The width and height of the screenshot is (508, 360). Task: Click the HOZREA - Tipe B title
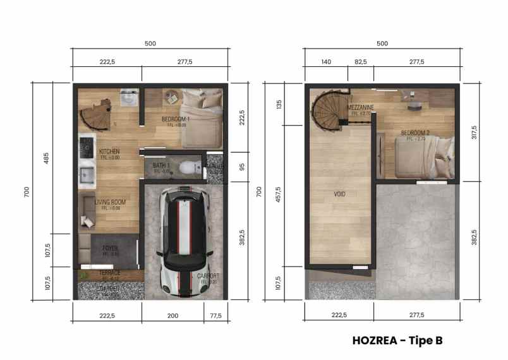397,340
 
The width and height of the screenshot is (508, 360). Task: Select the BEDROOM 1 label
176,119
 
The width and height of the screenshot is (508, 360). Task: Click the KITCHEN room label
109,152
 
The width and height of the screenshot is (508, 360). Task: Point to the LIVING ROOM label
110,203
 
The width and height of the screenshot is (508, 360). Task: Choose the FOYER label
110,248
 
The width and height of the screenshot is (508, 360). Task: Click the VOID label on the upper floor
341,195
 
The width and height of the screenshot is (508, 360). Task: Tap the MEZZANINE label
361,108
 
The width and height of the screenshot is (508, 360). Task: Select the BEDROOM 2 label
415,133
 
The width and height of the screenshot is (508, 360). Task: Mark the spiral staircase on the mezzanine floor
329,112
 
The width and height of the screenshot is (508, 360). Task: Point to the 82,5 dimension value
361,61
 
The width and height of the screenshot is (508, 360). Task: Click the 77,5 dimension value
216,315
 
